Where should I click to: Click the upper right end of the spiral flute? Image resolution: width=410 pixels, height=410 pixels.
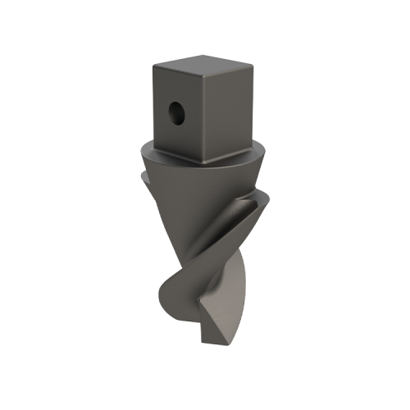(264, 197)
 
